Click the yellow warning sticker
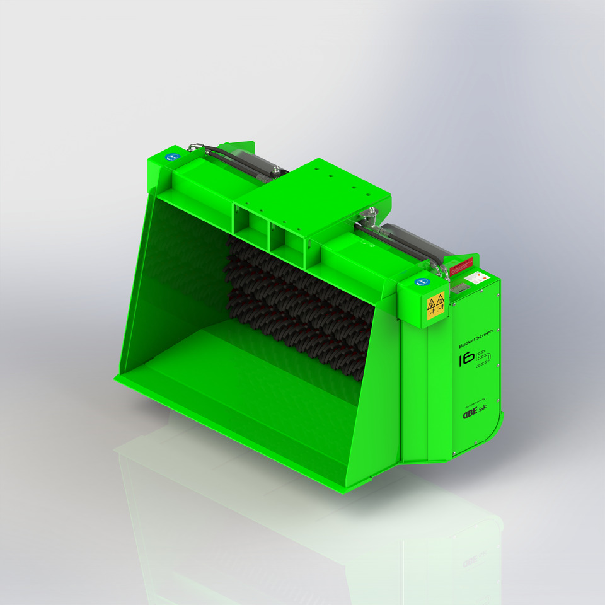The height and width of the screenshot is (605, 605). coord(436,306)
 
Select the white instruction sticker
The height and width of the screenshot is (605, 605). coord(480,277)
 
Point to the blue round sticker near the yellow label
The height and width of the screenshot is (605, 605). coord(420,282)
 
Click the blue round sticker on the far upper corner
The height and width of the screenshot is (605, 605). coord(170,152)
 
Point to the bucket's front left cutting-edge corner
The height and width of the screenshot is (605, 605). coord(116,379)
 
